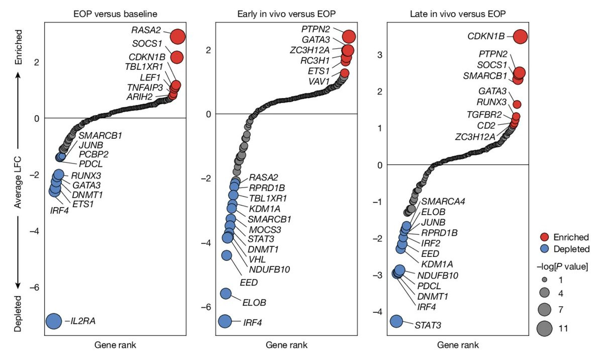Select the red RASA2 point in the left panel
(178, 37)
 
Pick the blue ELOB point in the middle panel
(226, 294)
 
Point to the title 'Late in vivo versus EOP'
(458, 11)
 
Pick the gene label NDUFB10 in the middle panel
(269, 269)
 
